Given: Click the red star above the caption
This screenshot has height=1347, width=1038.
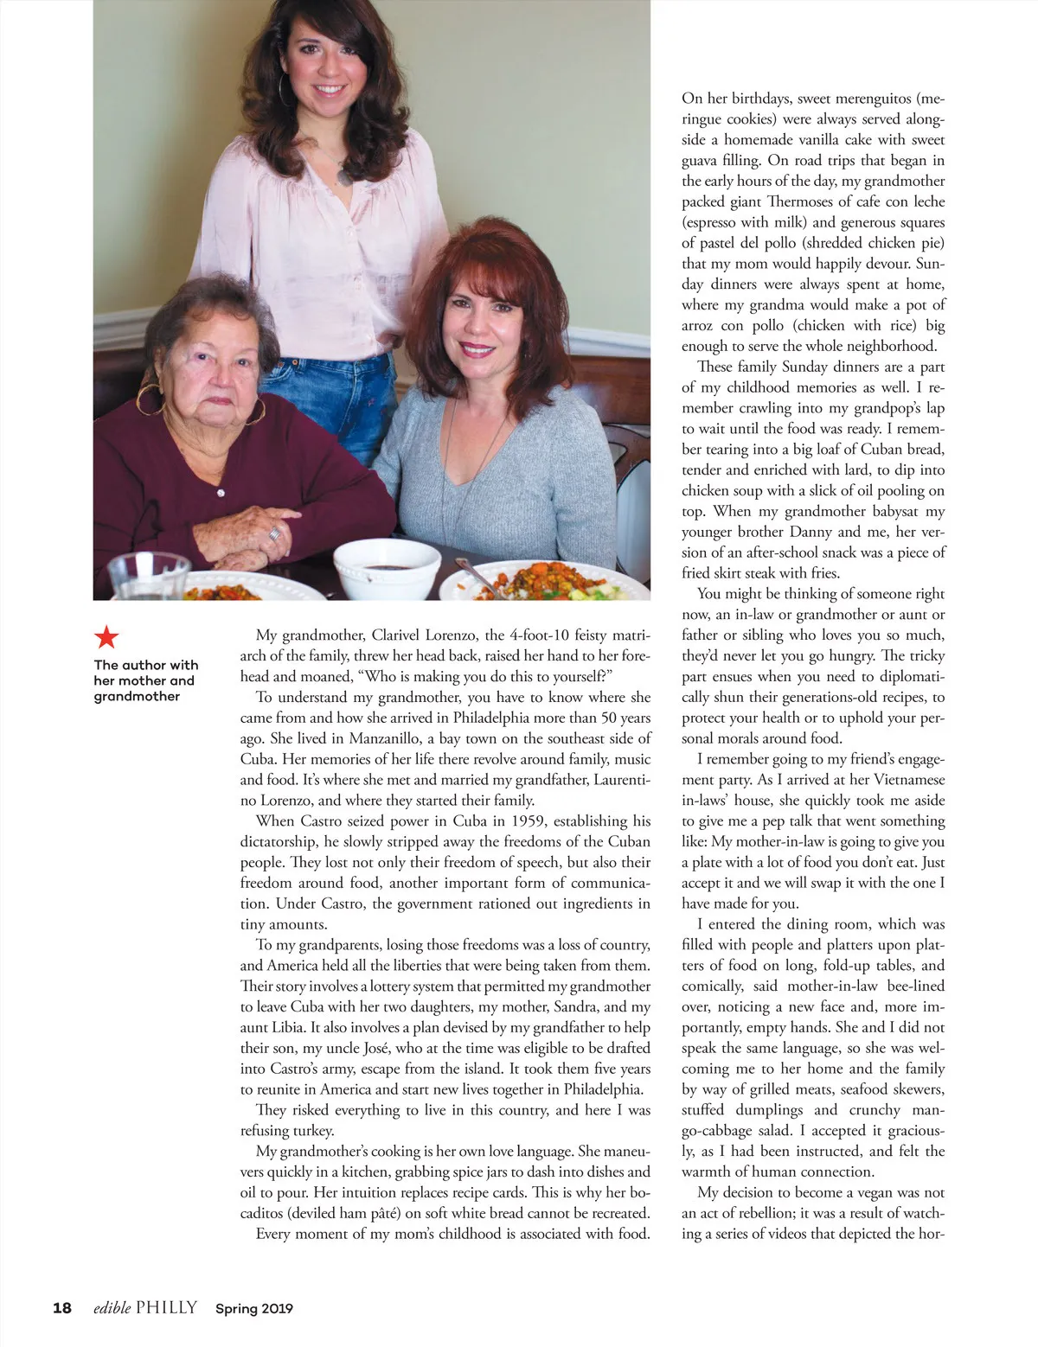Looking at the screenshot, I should coord(106,638).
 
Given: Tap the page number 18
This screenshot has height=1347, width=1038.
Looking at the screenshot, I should coord(62,1308).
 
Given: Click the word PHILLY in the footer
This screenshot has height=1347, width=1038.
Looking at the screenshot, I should coord(166,1308).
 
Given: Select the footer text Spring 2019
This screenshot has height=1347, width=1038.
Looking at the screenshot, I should coord(254,1309).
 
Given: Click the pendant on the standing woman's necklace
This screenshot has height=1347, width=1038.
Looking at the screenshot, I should coord(346,176).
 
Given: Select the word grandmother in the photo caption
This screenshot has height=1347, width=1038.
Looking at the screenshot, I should coord(138,696).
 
